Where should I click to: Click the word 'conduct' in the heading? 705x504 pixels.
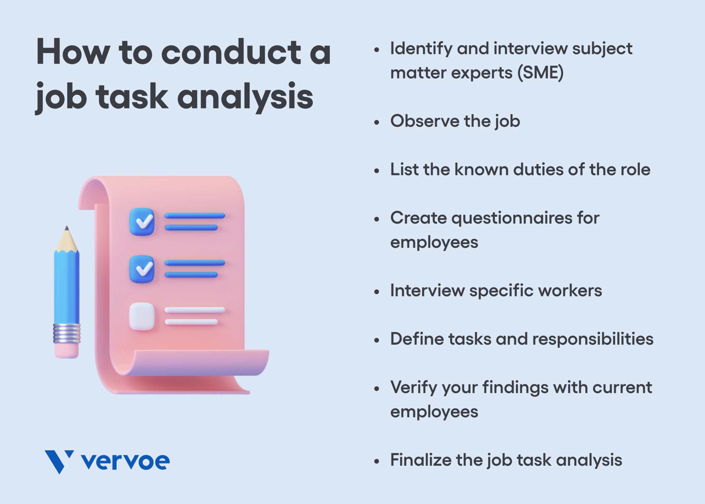click(231, 53)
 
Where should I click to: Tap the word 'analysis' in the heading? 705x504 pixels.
click(245, 97)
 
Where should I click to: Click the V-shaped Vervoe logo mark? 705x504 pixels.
click(59, 461)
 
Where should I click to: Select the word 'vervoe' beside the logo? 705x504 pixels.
click(125, 461)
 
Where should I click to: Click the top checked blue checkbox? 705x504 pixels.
click(141, 222)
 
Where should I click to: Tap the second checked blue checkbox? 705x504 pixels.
click(141, 269)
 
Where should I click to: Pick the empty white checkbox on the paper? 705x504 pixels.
click(141, 316)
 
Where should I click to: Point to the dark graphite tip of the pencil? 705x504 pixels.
click(67, 228)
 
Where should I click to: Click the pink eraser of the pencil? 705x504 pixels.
click(66, 350)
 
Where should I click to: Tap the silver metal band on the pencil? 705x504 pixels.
click(67, 333)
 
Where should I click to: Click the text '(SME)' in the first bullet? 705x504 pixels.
click(541, 73)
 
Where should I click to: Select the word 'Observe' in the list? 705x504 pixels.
click(425, 121)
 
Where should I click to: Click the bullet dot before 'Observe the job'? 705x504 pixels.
click(377, 122)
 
